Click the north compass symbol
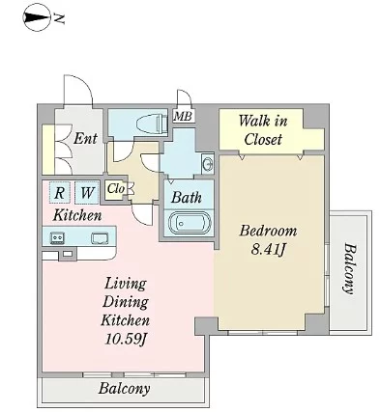[x=36, y=17]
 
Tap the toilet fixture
[x=152, y=124]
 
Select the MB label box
[x=184, y=116]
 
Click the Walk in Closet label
[x=263, y=130]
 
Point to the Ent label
[x=85, y=139]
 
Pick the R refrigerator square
[x=59, y=192]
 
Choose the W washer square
[x=87, y=192]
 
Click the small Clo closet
[x=114, y=190]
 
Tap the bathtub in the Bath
[x=190, y=223]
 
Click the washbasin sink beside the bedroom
[x=207, y=164]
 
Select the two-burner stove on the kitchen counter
[x=57, y=237]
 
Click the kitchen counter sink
[x=100, y=238]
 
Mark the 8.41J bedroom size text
[x=268, y=250]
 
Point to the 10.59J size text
[x=126, y=339]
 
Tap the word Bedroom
[x=268, y=231]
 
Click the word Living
[x=126, y=284]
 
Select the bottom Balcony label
[x=124, y=389]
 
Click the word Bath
[x=187, y=197]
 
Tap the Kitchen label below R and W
[x=77, y=215]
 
